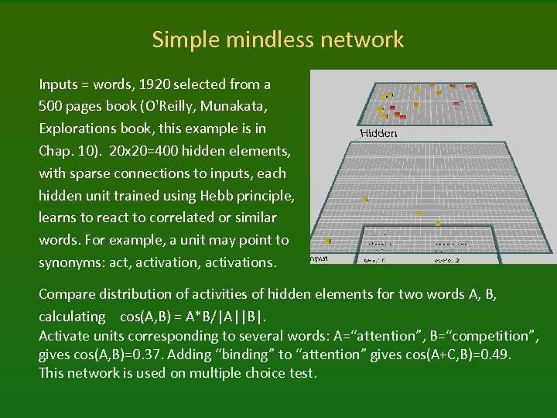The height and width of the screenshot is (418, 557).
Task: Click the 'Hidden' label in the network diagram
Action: click(379, 133)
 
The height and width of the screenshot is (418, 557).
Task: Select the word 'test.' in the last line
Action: click(302, 372)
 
